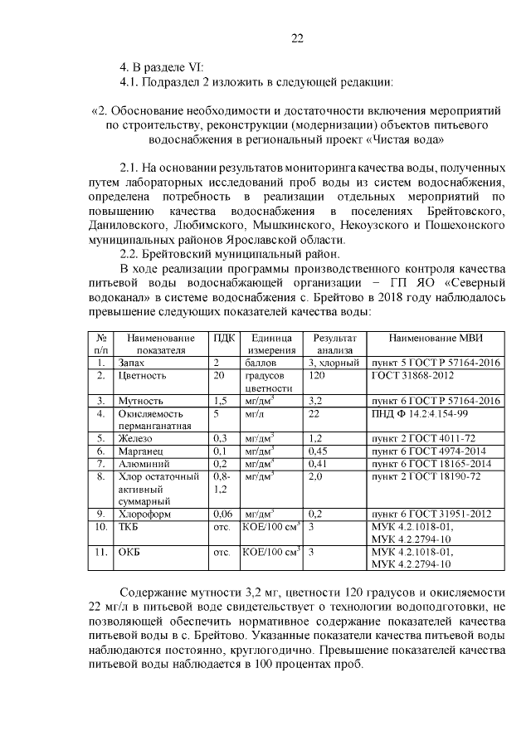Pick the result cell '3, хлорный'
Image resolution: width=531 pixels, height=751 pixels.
coord(333,363)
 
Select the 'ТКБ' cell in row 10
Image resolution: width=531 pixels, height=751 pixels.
coord(129,526)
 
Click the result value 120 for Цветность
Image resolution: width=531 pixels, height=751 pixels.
coord(316,375)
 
